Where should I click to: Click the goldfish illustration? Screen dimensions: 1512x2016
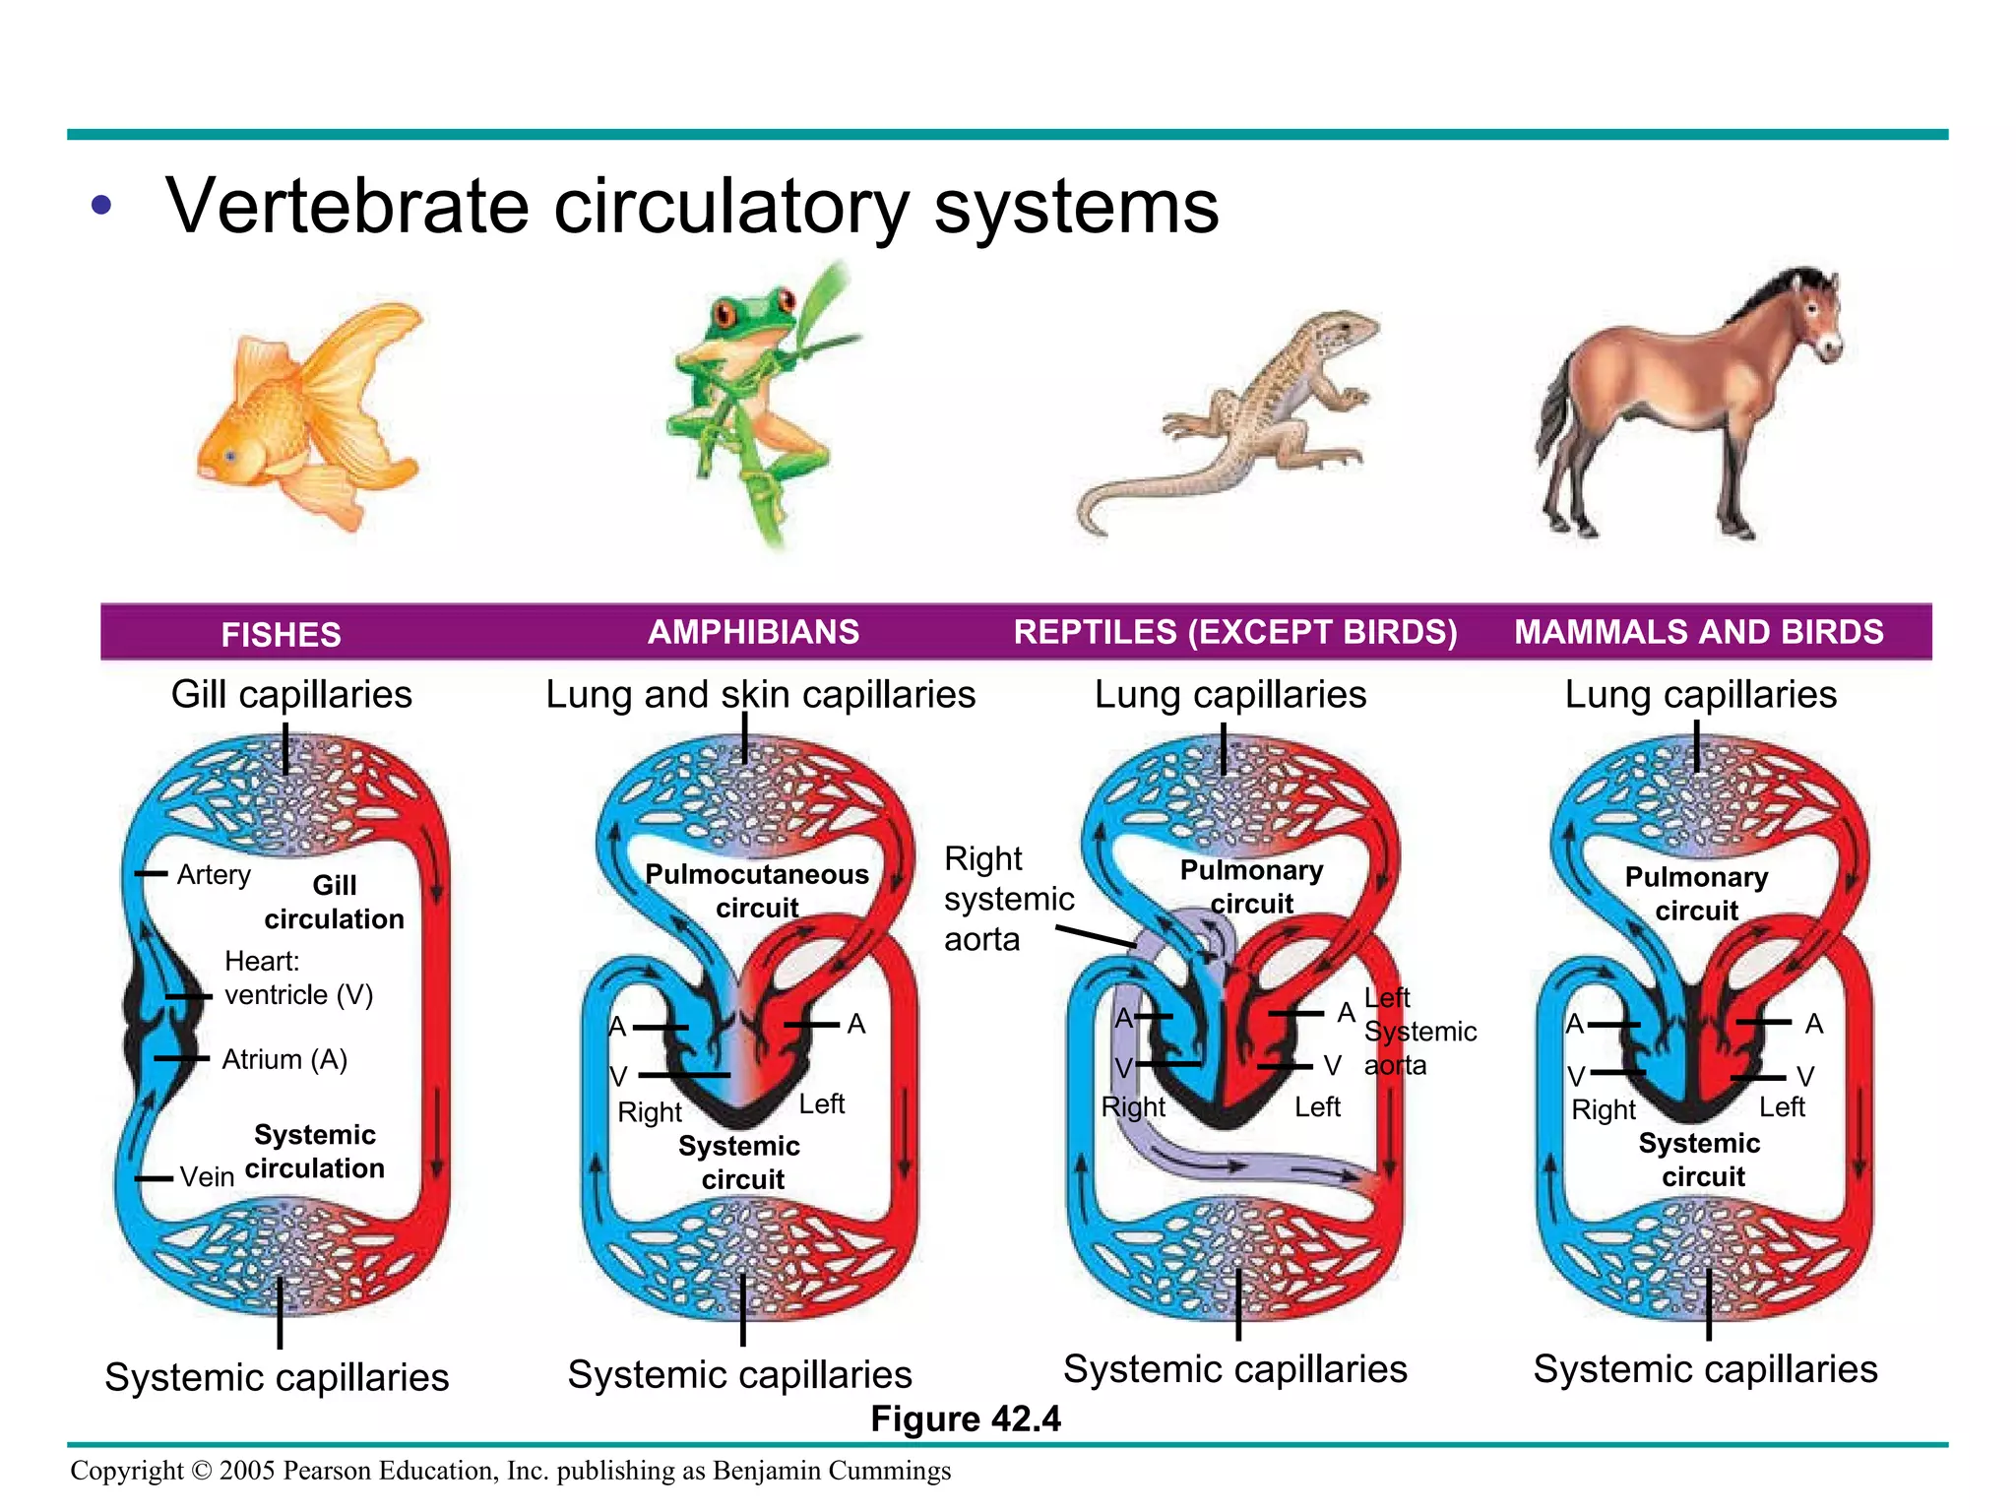pyautogui.click(x=305, y=413)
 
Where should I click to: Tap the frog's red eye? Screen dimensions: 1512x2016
pyautogui.click(x=726, y=315)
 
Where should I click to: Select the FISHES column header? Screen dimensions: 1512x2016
pyautogui.click(x=281, y=634)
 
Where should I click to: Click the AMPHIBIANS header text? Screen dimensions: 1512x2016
pyautogui.click(x=753, y=632)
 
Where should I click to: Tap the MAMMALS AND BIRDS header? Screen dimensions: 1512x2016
pyautogui.click(x=1698, y=632)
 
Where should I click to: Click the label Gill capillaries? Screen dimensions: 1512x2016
pyautogui.click(x=291, y=694)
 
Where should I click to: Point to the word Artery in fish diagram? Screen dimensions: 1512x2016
pyautogui.click(x=214, y=874)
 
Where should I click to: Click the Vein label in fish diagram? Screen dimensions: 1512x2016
pyautogui.click(x=207, y=1176)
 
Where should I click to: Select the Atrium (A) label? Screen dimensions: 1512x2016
pyautogui.click(x=284, y=1059)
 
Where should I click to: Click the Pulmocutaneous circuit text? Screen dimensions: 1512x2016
pyautogui.click(x=756, y=890)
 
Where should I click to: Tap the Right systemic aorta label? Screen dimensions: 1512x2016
pyautogui.click(x=1007, y=898)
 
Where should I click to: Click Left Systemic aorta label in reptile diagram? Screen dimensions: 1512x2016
pyautogui.click(x=1417, y=1031)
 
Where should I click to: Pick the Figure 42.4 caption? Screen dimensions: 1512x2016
pyautogui.click(x=965, y=1418)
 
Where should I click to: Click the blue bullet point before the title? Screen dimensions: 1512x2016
pyautogui.click(x=100, y=207)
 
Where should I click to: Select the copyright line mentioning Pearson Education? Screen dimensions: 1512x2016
pyautogui.click(x=510, y=1470)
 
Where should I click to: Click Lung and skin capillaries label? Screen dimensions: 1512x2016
pyautogui.click(x=760, y=694)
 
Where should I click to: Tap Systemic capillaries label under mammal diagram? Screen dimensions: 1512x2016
pyautogui.click(x=1705, y=1369)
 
